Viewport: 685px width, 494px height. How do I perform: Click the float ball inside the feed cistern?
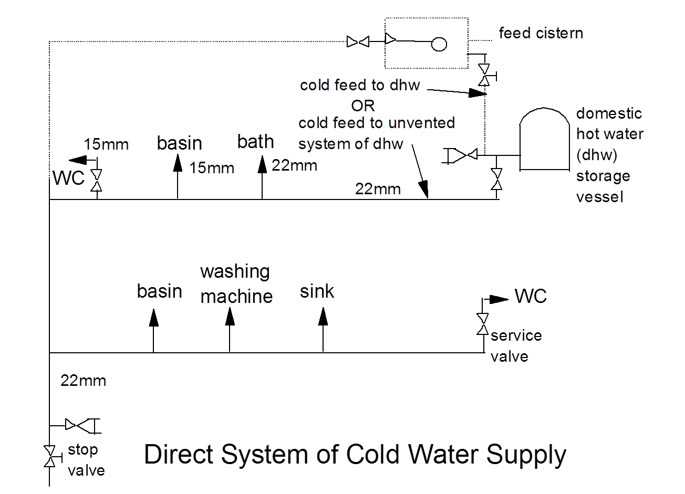(439, 44)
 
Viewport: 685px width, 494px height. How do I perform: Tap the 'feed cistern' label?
(541, 33)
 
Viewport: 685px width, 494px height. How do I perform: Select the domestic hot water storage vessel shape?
(544, 139)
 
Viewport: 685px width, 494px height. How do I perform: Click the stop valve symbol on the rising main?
(49, 456)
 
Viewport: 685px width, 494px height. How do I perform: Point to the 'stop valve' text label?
(86, 460)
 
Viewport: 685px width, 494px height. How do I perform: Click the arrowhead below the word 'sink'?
(323, 317)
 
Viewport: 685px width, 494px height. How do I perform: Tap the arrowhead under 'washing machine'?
(230, 317)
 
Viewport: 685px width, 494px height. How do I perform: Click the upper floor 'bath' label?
(255, 142)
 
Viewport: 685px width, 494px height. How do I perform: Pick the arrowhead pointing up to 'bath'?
(262, 164)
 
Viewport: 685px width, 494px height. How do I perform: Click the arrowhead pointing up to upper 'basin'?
(178, 163)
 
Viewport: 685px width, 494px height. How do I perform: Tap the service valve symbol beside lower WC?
(483, 324)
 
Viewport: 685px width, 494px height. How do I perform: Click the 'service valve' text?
(516, 346)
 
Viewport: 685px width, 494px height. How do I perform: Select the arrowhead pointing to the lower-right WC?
(499, 299)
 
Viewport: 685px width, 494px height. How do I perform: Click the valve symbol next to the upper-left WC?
(96, 181)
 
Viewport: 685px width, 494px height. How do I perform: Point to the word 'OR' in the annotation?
(362, 106)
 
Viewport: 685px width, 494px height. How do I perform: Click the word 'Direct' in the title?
(178, 454)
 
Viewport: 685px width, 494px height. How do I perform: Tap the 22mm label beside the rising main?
(83, 381)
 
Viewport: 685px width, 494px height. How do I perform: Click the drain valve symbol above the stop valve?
(82, 426)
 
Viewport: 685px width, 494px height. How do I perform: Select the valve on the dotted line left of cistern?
(358, 41)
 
